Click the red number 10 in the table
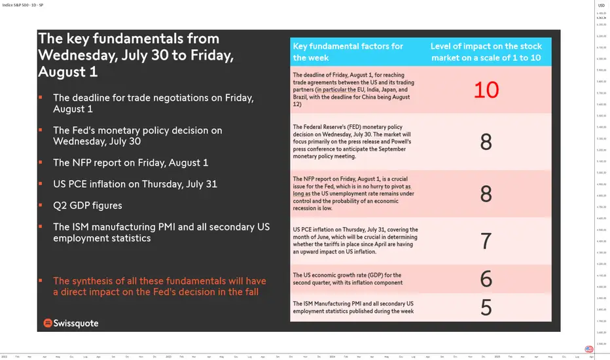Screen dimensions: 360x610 pyautogui.click(x=486, y=90)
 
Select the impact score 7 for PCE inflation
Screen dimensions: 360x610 pyautogui.click(x=486, y=241)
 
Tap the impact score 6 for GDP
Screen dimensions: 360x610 pyautogui.click(x=486, y=279)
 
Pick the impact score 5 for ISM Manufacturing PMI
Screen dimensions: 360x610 pyautogui.click(x=486, y=307)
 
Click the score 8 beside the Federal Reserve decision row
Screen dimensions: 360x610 pyautogui.click(x=486, y=142)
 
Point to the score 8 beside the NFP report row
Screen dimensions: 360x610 pyautogui.click(x=486, y=194)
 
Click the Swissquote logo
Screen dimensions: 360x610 pyautogui.click(x=71, y=323)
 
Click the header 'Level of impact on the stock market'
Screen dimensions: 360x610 pyautogui.click(x=486, y=51)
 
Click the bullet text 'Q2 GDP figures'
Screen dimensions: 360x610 pyautogui.click(x=88, y=206)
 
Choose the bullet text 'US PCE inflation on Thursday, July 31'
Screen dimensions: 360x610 pyautogui.click(x=135, y=184)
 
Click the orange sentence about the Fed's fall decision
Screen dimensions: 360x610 pyautogui.click(x=159, y=286)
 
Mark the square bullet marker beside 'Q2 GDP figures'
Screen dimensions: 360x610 pyautogui.click(x=41, y=205)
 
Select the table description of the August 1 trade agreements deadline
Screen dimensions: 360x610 pyautogui.click(x=353, y=90)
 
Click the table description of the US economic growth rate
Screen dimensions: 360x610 pyautogui.click(x=347, y=279)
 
